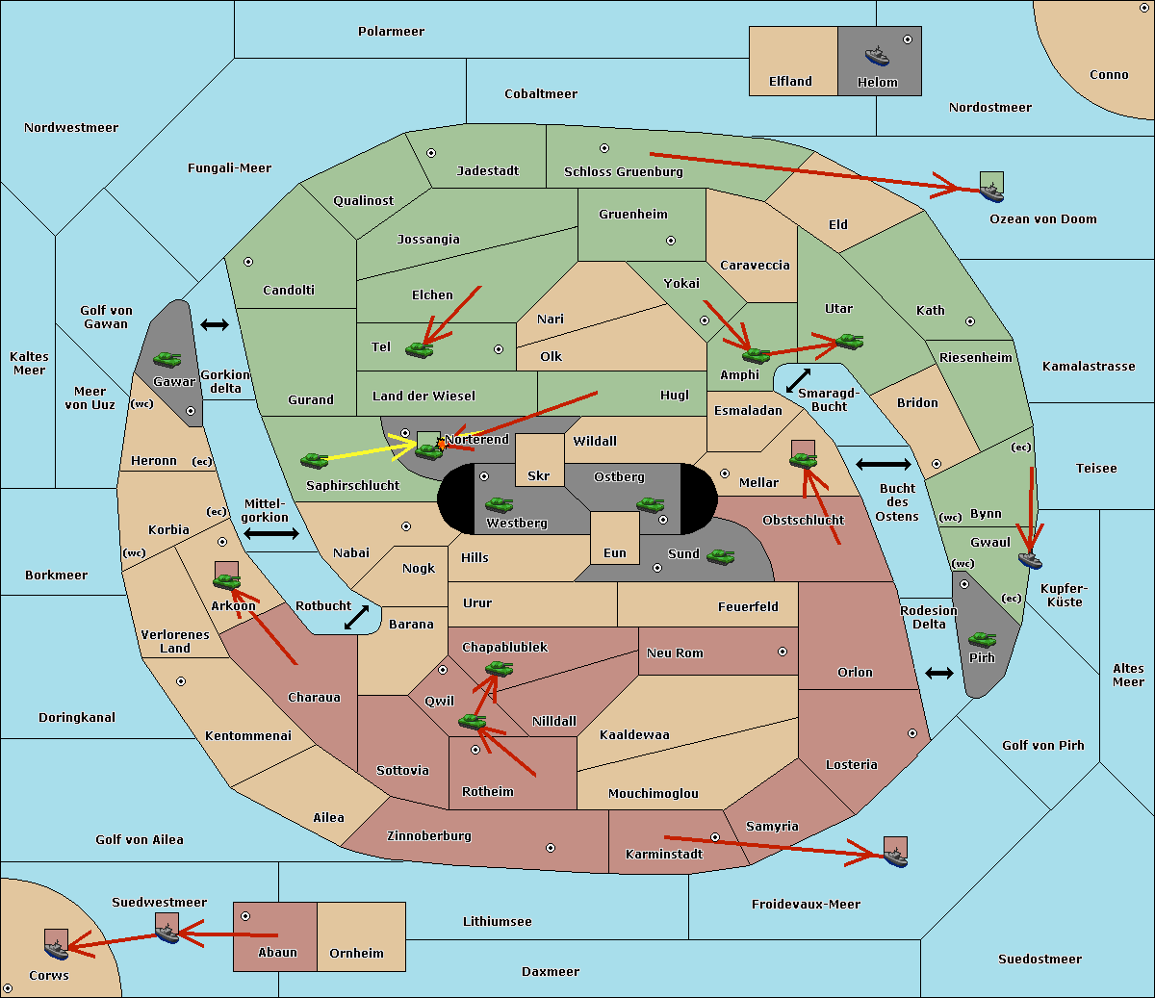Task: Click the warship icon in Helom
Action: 877,56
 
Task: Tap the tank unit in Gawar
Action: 167,359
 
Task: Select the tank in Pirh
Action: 982,639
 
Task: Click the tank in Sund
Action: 720,557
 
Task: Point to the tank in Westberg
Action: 499,505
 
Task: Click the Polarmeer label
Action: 391,32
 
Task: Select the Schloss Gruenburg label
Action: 624,171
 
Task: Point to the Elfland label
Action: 790,82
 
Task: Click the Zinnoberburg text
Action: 429,836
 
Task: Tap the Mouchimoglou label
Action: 654,793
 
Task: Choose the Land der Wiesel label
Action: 423,397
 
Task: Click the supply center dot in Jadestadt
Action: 431,153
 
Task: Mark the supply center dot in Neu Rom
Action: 783,652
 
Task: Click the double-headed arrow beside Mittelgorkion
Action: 271,534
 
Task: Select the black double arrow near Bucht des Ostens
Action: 884,464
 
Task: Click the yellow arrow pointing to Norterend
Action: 371,450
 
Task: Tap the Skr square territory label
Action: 539,475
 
